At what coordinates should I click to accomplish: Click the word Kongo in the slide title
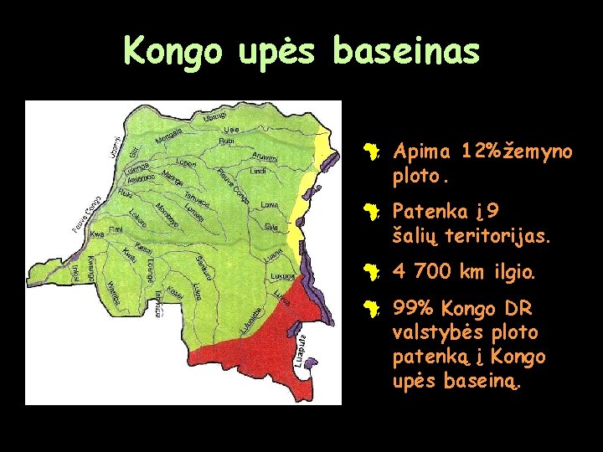click(x=173, y=51)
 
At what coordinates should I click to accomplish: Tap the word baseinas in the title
click(x=406, y=51)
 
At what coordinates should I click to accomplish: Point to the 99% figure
click(x=413, y=309)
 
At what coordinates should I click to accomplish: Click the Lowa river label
click(x=270, y=204)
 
